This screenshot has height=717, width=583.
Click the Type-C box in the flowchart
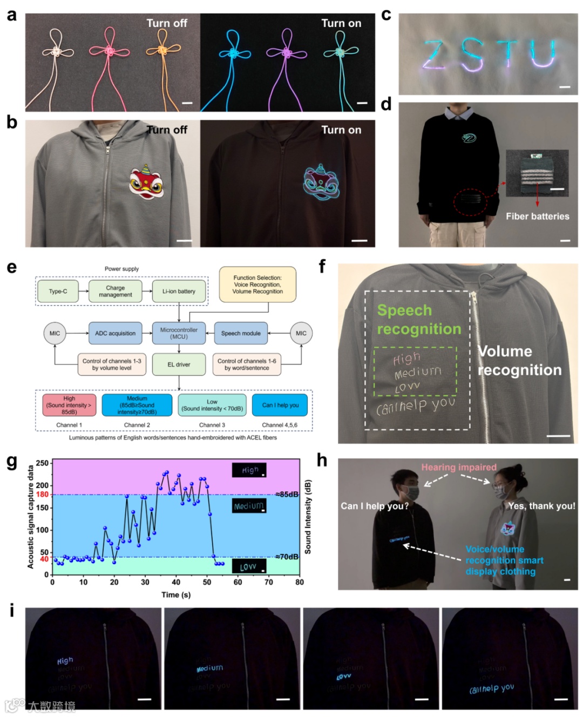click(x=58, y=292)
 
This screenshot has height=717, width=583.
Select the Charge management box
click(x=116, y=292)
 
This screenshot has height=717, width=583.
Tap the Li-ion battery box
click(x=179, y=292)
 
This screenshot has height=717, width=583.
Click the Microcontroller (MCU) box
click(x=179, y=333)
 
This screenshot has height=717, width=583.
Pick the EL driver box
click(x=179, y=364)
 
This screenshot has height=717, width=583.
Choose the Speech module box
click(x=241, y=333)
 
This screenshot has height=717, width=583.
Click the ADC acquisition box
click(x=115, y=333)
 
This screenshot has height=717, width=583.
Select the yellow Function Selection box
click(x=257, y=285)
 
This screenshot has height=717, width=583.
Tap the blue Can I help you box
click(x=280, y=405)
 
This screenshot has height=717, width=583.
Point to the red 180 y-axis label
click(x=42, y=495)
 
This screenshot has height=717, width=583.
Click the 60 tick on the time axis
click(x=238, y=582)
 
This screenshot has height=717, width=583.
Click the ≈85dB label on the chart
click(x=287, y=494)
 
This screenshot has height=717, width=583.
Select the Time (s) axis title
click(x=176, y=594)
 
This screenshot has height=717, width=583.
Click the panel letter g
click(x=11, y=462)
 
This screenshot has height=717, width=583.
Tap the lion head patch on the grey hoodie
click(x=147, y=181)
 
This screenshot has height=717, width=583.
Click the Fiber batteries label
click(x=537, y=217)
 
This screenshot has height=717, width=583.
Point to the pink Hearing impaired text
click(x=459, y=468)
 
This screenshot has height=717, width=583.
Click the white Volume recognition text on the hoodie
click(x=519, y=361)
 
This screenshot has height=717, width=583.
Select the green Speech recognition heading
click(x=419, y=320)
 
